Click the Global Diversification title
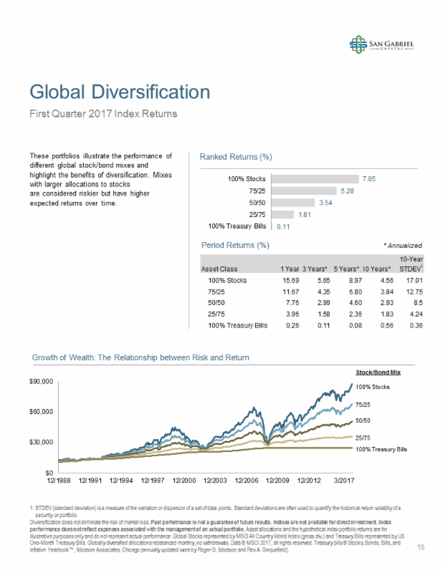(120, 92)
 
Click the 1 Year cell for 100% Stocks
(290, 281)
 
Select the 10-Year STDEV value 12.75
(413, 292)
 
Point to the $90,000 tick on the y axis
(42, 382)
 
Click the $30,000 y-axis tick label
(42, 442)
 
